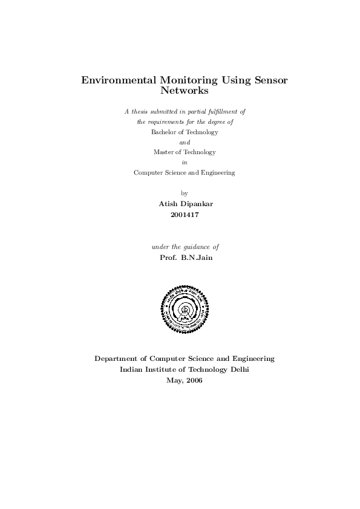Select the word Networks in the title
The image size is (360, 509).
(x=185, y=91)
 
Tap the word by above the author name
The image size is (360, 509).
(x=185, y=193)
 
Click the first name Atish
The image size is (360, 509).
(x=168, y=204)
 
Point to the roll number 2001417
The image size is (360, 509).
(x=185, y=214)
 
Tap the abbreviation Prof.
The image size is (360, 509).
(x=167, y=257)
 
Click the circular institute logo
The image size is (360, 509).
(x=185, y=309)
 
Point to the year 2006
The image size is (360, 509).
(x=194, y=380)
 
